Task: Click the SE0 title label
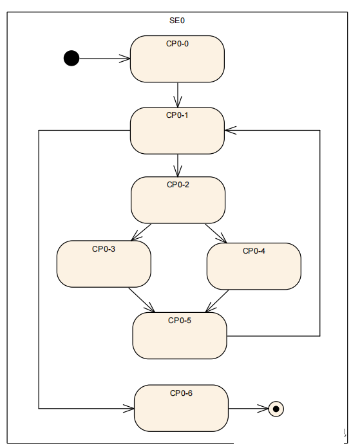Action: point(177,21)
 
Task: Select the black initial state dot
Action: point(71,59)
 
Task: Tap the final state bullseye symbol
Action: point(276,409)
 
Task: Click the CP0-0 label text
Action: point(177,44)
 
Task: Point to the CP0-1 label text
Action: point(177,115)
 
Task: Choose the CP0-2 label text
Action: point(178,185)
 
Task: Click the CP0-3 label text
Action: point(104,249)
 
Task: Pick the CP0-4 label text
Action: point(254,251)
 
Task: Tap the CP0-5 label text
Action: point(180,321)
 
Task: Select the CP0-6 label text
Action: point(181,393)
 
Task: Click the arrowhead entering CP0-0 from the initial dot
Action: point(125,59)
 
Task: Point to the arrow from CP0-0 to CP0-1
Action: point(178,95)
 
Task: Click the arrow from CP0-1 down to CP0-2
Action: point(178,165)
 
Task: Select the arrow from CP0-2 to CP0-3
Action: point(141,232)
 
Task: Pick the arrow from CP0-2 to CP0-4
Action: point(216,233)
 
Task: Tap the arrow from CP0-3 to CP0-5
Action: point(142,300)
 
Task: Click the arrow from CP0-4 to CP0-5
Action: point(217,301)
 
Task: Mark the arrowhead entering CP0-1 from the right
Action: point(231,130)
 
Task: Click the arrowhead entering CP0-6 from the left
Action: point(129,409)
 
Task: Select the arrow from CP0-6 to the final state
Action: point(249,409)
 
